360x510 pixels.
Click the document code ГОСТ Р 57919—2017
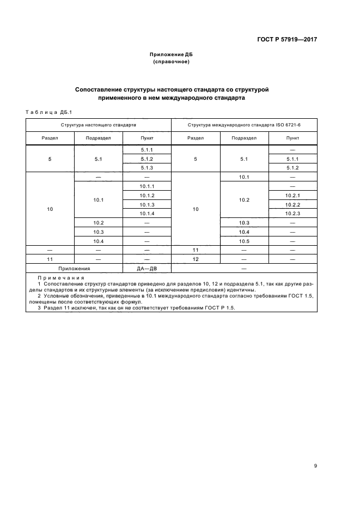coord(287,40)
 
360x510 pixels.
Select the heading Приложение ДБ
coord(171,54)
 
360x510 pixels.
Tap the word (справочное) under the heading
coord(171,62)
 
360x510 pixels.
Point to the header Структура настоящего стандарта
coord(99,125)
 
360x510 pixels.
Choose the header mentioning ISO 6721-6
coord(244,125)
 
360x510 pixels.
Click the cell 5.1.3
coord(147,168)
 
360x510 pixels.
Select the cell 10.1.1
coord(147,186)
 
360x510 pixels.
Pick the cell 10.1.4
coord(147,213)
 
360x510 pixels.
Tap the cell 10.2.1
coord(292,195)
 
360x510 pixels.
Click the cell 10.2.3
coord(292,213)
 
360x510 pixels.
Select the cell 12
coord(195,259)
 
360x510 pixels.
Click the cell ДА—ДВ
coord(147,268)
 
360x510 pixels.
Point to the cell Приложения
coord(74,268)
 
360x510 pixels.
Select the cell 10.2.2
coord(292,204)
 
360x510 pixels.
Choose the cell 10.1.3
coord(147,204)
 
